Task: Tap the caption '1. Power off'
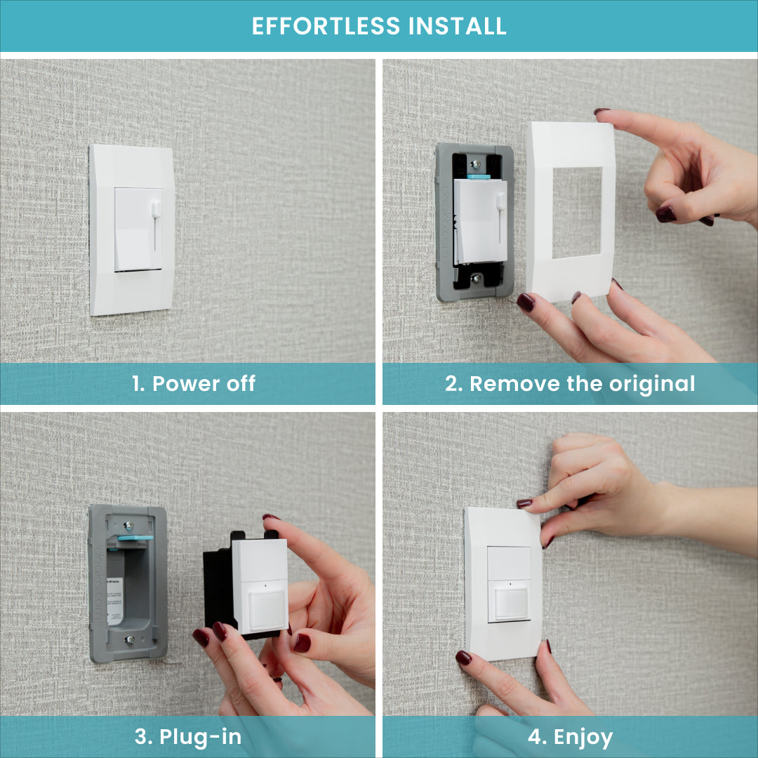point(193,384)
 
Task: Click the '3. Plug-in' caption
point(187,737)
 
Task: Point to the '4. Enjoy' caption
point(570,737)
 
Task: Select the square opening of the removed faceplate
point(577,212)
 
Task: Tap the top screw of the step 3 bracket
point(128,524)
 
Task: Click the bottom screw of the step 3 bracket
point(129,640)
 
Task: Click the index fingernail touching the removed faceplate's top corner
point(601,112)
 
